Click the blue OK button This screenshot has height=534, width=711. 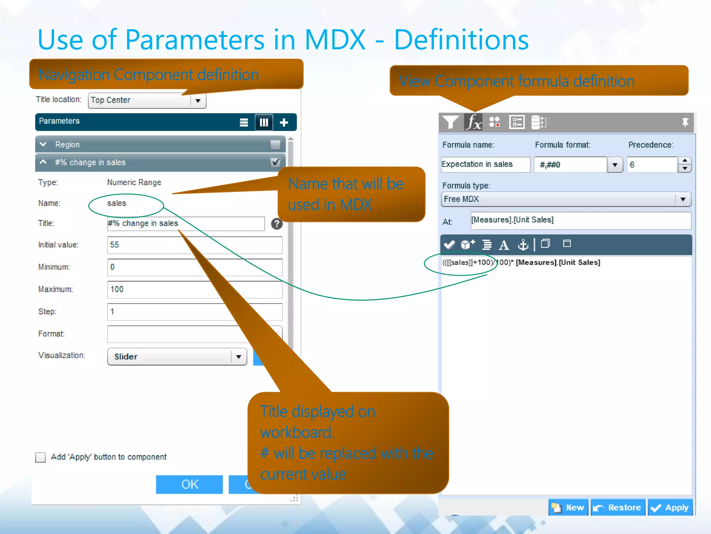pos(189,484)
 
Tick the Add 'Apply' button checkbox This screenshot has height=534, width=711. pos(41,457)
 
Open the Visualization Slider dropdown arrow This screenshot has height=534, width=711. pos(239,357)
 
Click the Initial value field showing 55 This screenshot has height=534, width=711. pos(194,245)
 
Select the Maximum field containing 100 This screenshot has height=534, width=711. pos(194,289)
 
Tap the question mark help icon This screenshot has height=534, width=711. pos(277,224)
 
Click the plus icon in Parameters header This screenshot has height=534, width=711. pos(284,122)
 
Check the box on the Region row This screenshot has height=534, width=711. pos(275,145)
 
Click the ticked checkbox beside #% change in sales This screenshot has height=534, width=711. pos(275,162)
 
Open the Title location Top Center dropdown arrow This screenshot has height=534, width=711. pos(198,101)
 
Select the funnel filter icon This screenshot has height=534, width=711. pos(450,122)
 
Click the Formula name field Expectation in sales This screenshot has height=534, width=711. pos(485,164)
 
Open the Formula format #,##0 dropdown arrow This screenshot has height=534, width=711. pos(614,165)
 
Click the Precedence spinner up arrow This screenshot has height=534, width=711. pos(684,161)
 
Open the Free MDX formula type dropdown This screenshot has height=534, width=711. pos(683,199)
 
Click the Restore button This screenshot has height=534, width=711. pos(618,508)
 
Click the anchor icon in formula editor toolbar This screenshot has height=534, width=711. pos(523,245)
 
